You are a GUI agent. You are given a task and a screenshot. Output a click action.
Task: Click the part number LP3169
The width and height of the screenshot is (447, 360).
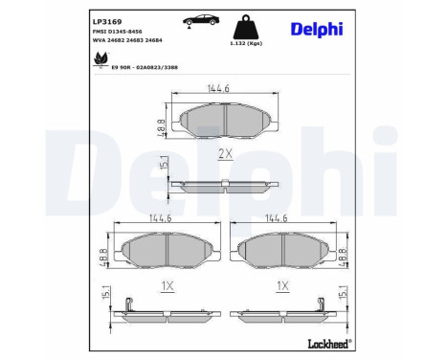pyautogui.click(x=107, y=22)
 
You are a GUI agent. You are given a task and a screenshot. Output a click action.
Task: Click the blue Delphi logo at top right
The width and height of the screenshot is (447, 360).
pyautogui.click(x=317, y=30)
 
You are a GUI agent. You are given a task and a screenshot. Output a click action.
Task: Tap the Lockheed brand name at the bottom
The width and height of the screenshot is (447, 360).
pyautogui.click(x=329, y=344)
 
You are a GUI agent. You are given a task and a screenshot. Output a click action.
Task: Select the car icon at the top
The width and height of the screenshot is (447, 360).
pyautogui.click(x=201, y=21)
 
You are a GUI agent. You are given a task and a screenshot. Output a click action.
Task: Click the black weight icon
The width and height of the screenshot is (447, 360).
pyautogui.click(x=246, y=27)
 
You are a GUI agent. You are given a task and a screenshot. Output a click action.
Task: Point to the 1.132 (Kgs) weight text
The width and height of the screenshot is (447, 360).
pyautogui.click(x=246, y=43)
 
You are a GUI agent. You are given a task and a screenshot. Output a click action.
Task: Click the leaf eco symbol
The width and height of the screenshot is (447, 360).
pyautogui.click(x=101, y=59)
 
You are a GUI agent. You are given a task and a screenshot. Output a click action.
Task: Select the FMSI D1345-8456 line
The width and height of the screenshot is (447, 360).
pyautogui.click(x=117, y=32)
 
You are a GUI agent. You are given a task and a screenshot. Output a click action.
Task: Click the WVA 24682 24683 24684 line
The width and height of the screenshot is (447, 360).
pyautogui.click(x=127, y=40)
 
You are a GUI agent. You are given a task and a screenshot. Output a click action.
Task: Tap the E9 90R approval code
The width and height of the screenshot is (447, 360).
pyautogui.click(x=145, y=67)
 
